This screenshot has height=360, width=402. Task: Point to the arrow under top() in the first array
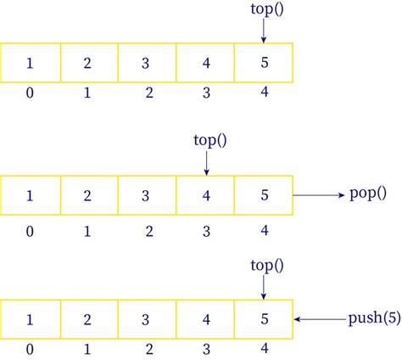[x=264, y=31]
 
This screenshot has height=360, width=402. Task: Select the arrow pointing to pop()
[x=317, y=194]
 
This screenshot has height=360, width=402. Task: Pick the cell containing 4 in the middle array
[x=206, y=194]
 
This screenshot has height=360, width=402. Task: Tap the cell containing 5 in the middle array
[x=264, y=194]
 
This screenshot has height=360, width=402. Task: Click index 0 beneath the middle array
[x=30, y=230]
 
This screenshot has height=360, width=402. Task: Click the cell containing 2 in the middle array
[x=89, y=194]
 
